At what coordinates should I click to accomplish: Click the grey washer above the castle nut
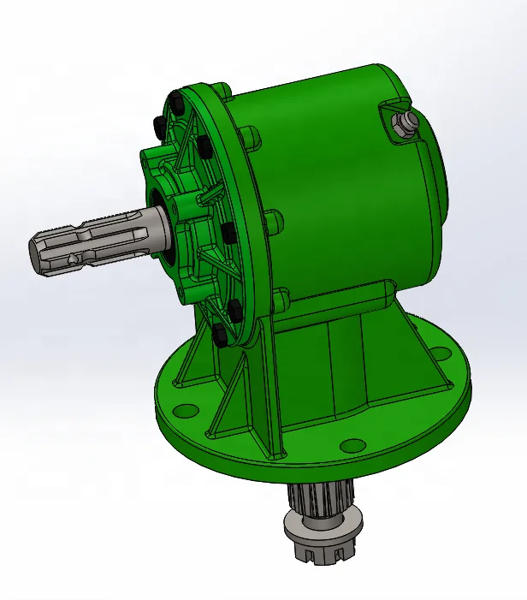pyautogui.click(x=325, y=519)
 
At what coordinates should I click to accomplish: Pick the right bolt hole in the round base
pyautogui.click(x=440, y=352)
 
